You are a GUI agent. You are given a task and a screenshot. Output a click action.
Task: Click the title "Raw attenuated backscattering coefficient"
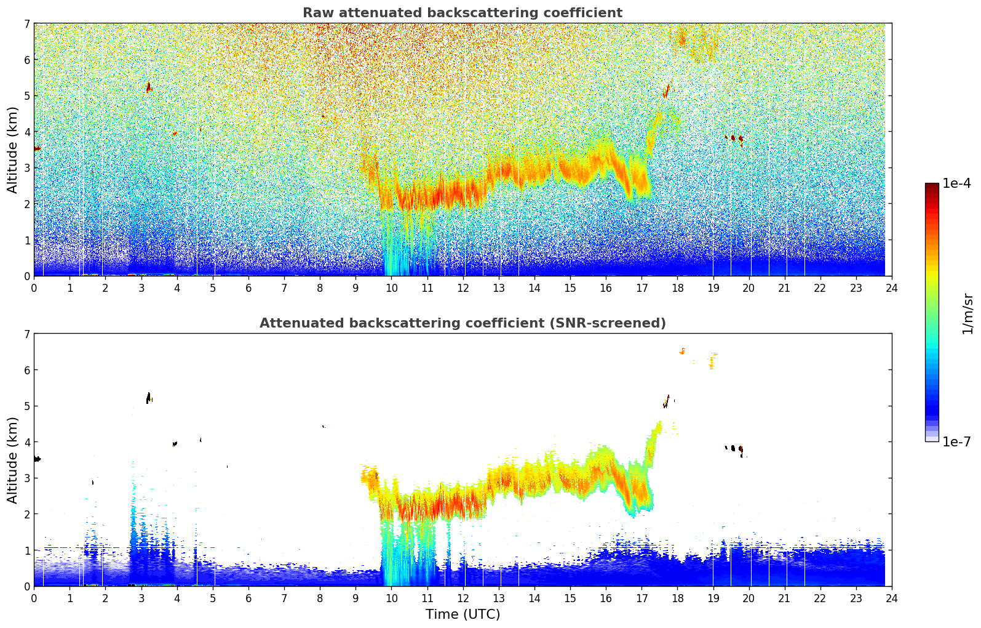pos(462,13)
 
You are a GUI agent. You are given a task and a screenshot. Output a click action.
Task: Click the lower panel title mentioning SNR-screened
pos(462,323)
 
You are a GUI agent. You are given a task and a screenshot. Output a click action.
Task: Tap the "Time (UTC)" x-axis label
pos(463,614)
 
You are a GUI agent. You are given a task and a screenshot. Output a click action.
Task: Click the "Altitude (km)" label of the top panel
pos(12,150)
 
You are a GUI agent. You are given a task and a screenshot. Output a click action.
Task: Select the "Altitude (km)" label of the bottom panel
pos(12,460)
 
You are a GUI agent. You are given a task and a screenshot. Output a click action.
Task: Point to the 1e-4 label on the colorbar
pos(956,183)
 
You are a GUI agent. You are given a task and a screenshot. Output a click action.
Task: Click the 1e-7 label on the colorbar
pos(956,442)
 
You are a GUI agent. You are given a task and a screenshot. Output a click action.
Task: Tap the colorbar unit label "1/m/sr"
pos(967,313)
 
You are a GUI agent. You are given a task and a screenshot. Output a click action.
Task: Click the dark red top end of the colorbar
pos(932,186)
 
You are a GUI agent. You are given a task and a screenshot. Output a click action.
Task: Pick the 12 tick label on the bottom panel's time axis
pos(463,598)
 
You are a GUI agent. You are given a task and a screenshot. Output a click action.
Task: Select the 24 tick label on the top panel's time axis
pos(892,288)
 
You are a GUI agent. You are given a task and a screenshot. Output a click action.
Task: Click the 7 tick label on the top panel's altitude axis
pos(26,24)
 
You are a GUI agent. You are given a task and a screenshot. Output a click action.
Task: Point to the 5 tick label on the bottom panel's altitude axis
pos(26,406)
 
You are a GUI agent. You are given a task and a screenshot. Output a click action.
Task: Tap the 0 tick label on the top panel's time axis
pos(34,288)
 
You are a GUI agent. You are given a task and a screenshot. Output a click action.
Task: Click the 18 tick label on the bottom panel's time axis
pos(677,598)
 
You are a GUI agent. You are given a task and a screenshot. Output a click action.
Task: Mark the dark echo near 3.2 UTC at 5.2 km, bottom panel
pos(148,398)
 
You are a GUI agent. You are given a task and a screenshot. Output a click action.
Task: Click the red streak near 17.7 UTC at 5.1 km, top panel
pos(666,91)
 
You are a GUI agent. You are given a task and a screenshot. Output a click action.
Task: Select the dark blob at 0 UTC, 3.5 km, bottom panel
pos(37,459)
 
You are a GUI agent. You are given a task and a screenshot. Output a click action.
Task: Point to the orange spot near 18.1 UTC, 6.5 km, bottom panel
pos(682,352)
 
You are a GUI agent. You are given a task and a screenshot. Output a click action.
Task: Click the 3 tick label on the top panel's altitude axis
pos(26,168)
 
